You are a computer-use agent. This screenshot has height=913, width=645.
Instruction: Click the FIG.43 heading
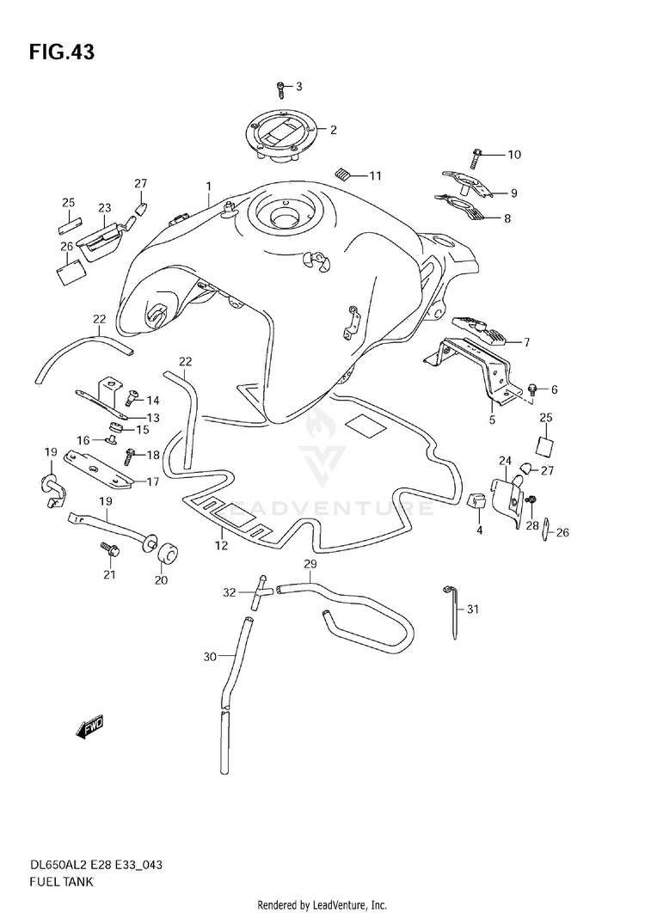61,51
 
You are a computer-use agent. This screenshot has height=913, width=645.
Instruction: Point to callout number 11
375,176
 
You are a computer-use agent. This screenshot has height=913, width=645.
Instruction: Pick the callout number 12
221,545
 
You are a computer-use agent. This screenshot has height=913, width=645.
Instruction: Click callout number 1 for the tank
208,186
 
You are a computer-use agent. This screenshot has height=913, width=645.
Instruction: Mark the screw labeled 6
533,390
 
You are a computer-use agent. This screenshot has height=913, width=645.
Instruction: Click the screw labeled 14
132,399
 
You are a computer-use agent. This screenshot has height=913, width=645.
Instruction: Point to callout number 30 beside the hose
209,658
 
